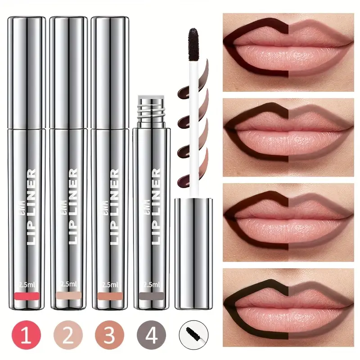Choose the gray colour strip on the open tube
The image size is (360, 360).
coord(151,297)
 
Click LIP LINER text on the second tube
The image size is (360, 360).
coord(71,207)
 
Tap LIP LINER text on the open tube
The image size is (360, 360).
coord(155,207)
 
